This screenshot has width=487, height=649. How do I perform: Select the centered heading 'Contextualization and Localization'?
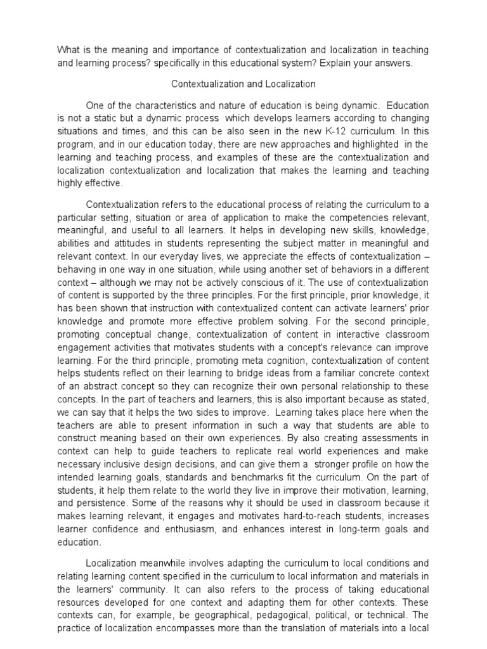[x=243, y=84]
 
